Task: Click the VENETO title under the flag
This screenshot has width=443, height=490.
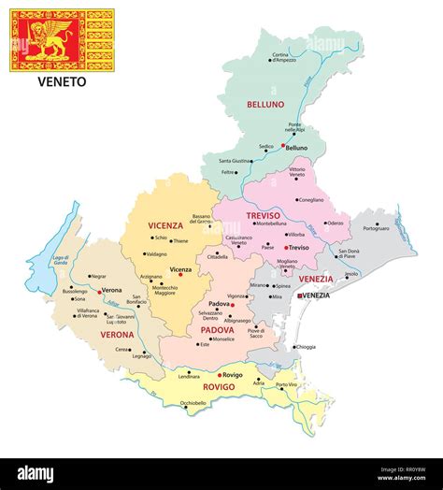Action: coord(62,81)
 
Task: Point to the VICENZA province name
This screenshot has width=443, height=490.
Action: coord(165,225)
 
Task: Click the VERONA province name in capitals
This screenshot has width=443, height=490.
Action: coord(118,334)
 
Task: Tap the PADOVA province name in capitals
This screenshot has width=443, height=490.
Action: coord(217,329)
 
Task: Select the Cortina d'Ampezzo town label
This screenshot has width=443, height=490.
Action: coord(286,58)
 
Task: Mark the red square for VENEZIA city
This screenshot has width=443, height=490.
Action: coord(298,295)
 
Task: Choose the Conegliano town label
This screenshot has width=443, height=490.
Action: coord(308,199)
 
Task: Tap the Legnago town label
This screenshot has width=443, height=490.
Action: coord(141,355)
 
